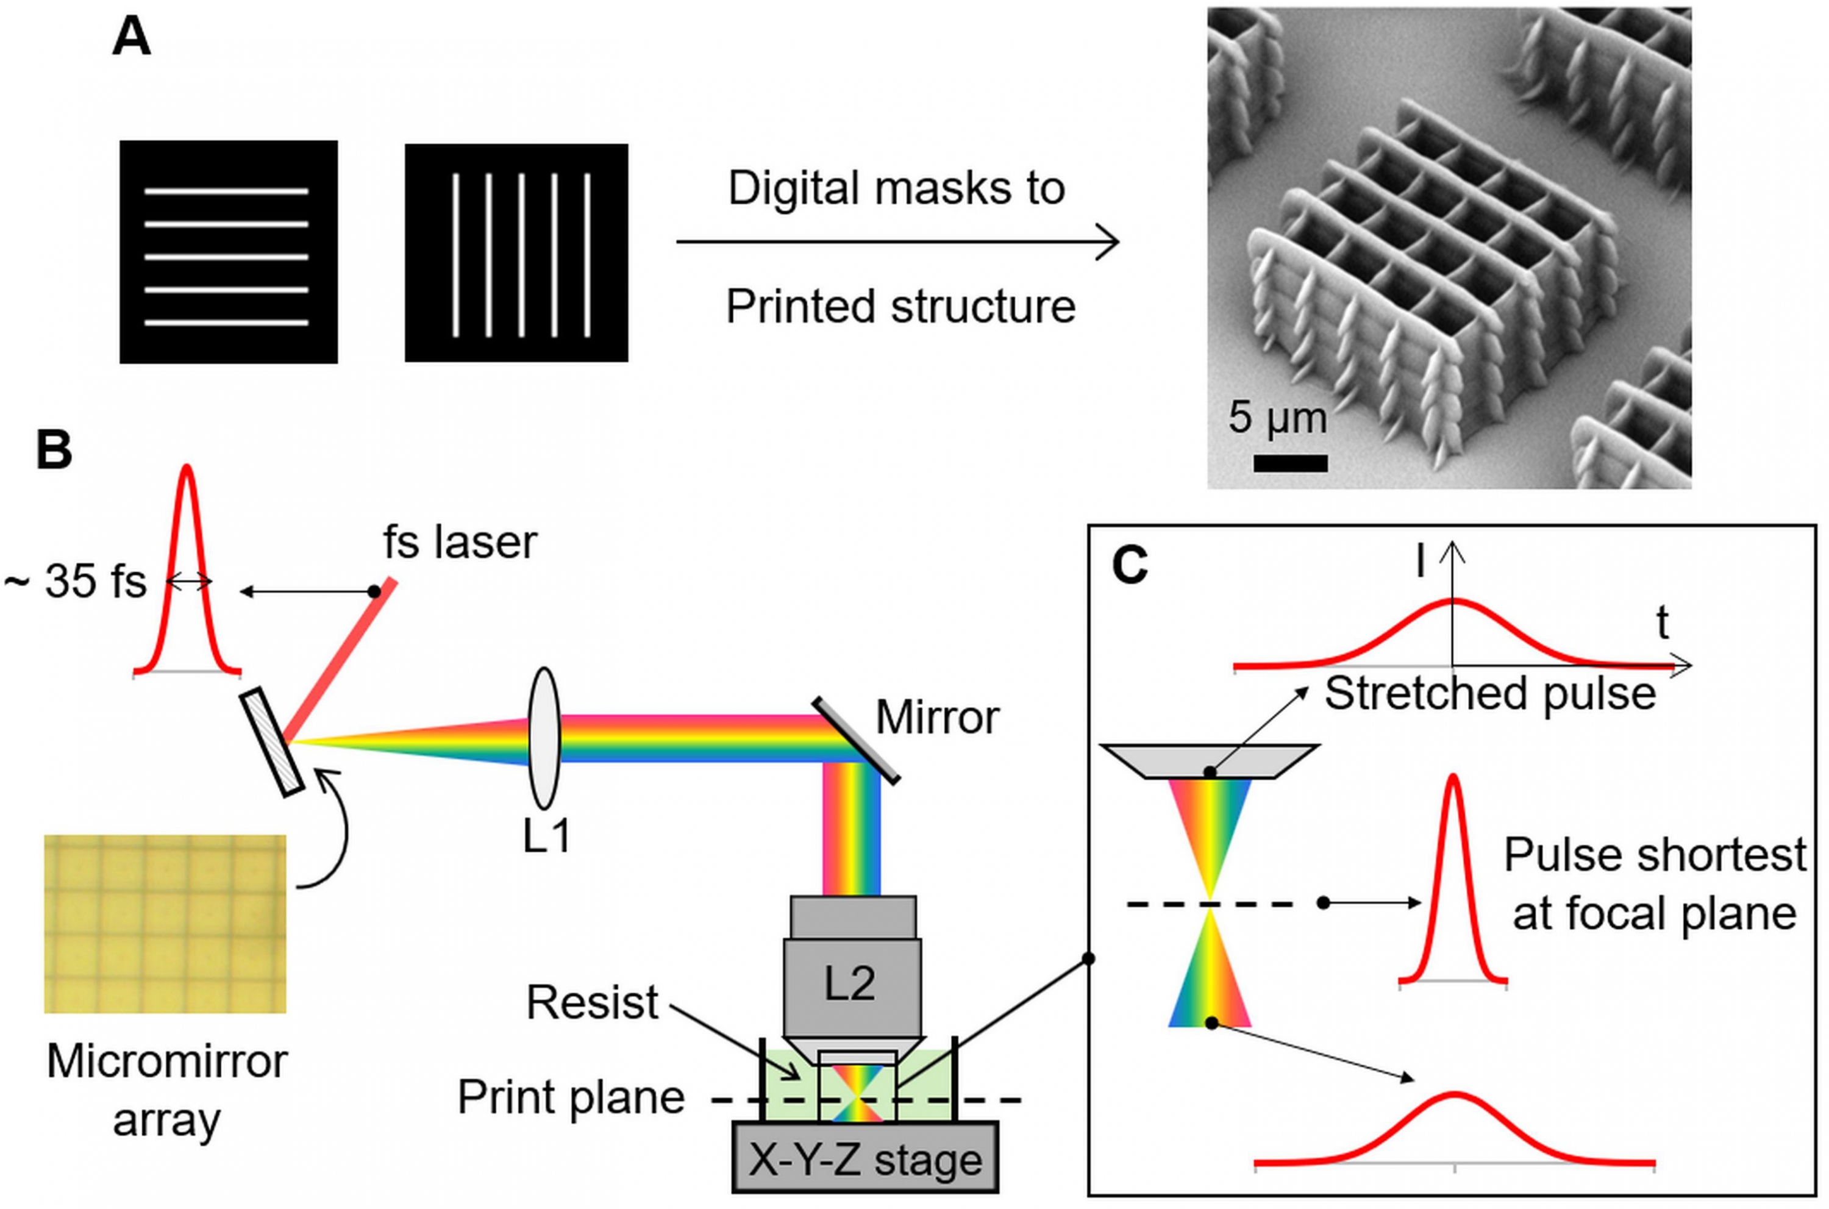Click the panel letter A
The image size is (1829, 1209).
(x=131, y=38)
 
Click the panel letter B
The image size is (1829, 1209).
(x=54, y=451)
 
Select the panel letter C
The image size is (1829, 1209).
(x=1130, y=567)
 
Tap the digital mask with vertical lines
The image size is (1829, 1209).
(x=516, y=253)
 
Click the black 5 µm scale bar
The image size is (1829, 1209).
(x=1291, y=463)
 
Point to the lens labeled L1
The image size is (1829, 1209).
(x=544, y=738)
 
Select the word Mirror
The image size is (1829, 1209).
(x=937, y=718)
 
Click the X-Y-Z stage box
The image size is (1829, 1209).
(x=865, y=1156)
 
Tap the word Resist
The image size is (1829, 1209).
(x=592, y=1003)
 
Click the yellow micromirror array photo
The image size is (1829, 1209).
(x=165, y=924)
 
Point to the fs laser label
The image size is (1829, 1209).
(x=460, y=542)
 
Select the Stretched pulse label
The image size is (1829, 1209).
(x=1490, y=693)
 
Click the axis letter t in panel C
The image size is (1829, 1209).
(x=1663, y=623)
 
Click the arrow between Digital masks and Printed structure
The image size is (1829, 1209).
(x=897, y=242)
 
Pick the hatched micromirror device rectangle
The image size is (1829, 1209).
(x=271, y=743)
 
